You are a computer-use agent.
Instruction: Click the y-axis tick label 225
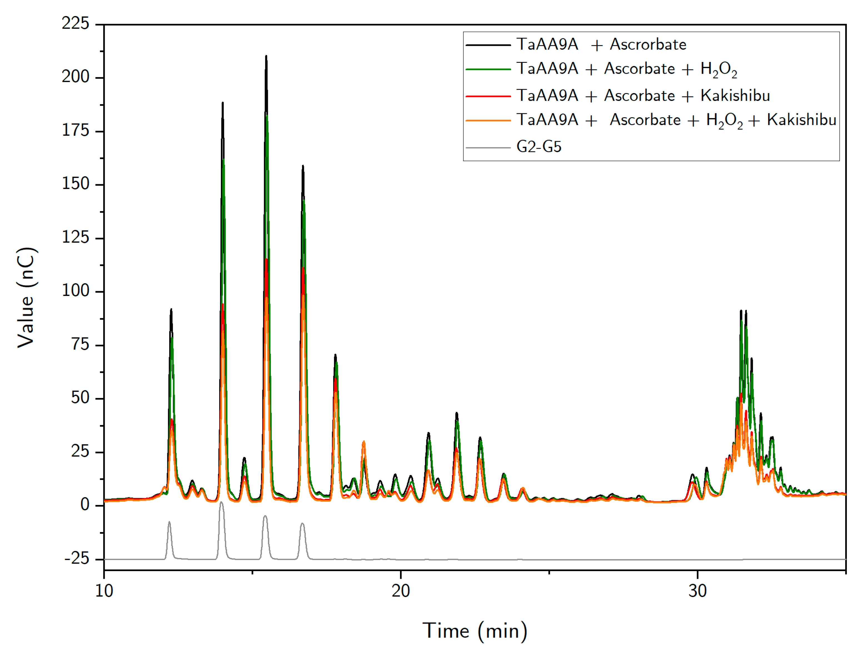(76, 23)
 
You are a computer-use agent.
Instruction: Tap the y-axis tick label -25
(77, 559)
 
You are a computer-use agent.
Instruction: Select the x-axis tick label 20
(401, 591)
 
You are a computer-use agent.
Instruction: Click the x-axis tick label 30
(697, 591)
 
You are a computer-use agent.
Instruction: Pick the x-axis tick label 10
(104, 591)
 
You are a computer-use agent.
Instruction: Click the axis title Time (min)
(475, 631)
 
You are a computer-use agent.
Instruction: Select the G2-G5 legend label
(539, 147)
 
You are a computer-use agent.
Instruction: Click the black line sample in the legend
(488, 45)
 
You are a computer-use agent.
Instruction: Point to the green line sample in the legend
(488, 69)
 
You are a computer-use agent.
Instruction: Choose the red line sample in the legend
(488, 96)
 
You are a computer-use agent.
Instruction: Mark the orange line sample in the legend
(488, 120)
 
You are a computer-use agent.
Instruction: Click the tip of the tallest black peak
(266, 56)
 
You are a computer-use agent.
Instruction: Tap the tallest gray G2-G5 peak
(221, 503)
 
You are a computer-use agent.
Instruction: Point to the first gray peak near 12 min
(169, 522)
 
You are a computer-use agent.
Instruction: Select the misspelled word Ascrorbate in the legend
(648, 44)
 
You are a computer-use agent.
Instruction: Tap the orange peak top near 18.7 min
(364, 442)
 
